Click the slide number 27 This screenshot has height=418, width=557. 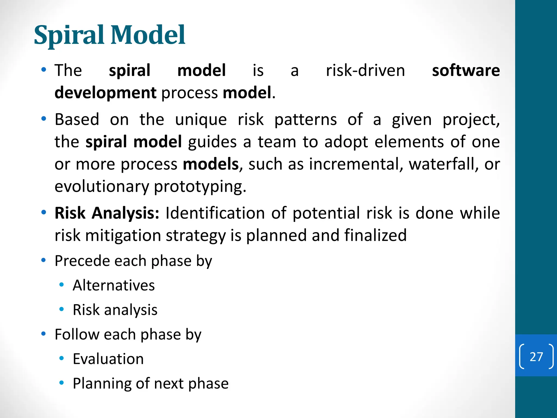pos(536,357)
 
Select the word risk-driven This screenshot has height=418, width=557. pos(365,70)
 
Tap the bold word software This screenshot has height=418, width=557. pos(466,70)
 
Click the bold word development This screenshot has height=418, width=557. pos(105,93)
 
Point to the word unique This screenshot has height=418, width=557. pos(201,120)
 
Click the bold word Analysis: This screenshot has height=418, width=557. pos(125,213)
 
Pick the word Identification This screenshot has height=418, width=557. pos(215,213)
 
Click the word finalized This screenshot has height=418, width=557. pos(375,235)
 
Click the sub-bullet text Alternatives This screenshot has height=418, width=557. pos(114,285)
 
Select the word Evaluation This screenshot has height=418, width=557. pos(108,359)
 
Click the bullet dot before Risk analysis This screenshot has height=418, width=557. pos(61,309)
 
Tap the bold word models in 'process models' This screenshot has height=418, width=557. pos(211,164)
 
